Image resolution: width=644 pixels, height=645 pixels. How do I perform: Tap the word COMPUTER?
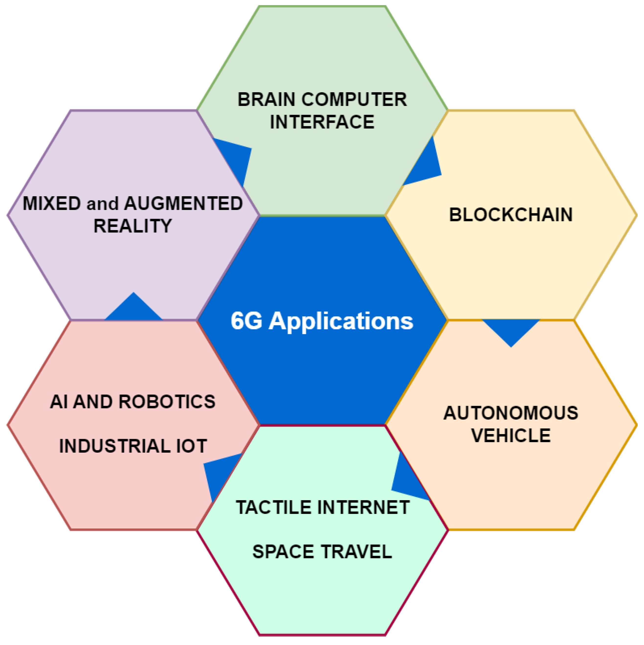pyautogui.click(x=355, y=100)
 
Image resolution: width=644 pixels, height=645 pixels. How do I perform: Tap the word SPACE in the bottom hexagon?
pyautogui.click(x=283, y=552)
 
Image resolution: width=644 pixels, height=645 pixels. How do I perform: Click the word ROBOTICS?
pyautogui.click(x=167, y=402)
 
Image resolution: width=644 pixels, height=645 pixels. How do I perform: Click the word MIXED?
pyautogui.click(x=51, y=203)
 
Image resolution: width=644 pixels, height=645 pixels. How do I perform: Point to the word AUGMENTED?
pyautogui.click(x=183, y=203)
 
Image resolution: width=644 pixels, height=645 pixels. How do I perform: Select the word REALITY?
pyautogui.click(x=133, y=226)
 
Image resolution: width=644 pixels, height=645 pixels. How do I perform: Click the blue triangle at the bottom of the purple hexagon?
pyautogui.click(x=134, y=309)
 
